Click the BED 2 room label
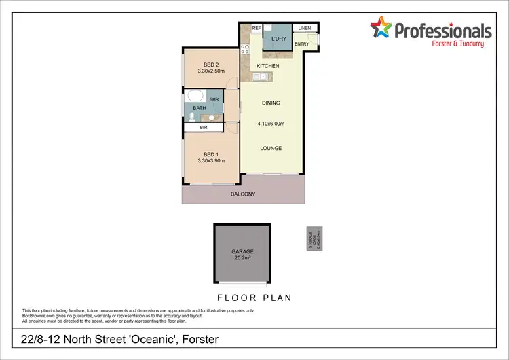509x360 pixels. click(x=210, y=65)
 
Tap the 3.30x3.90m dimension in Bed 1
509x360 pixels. click(x=210, y=160)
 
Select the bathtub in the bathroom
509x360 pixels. click(x=195, y=96)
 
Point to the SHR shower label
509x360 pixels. click(x=214, y=99)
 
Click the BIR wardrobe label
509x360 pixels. click(x=203, y=128)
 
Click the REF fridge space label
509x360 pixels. click(x=257, y=28)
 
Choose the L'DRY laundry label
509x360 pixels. click(x=278, y=39)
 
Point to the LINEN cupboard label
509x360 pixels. click(x=303, y=28)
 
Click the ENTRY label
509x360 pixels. click(x=302, y=44)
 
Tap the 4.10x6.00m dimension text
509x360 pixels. click(x=270, y=124)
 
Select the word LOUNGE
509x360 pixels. click(x=270, y=148)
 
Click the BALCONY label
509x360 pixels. click(x=242, y=194)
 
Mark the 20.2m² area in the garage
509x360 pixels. click(x=242, y=257)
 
